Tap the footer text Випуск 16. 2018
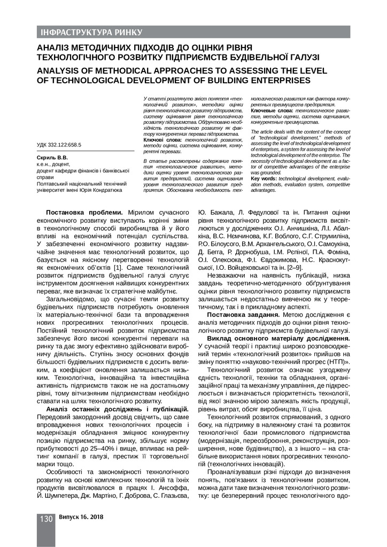coord(81,518)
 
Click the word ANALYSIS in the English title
coord(59,71)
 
